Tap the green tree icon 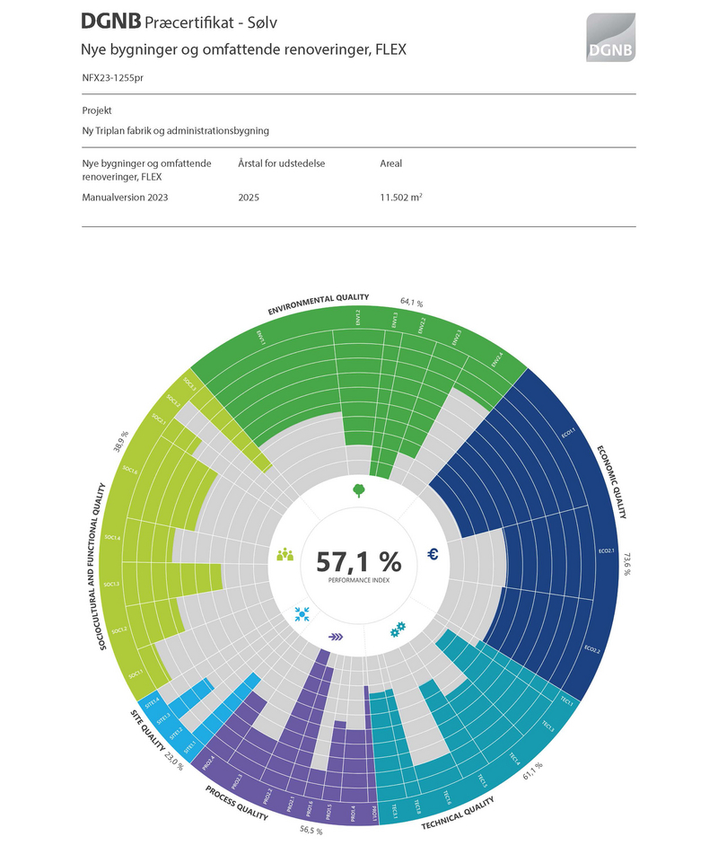(358, 489)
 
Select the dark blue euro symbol (433, 555)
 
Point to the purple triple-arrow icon (336, 636)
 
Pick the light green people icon (285, 554)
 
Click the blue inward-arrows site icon (302, 614)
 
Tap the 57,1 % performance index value (358, 562)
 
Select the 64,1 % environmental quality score (411, 303)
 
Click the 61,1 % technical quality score (534, 769)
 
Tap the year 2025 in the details (249, 197)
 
